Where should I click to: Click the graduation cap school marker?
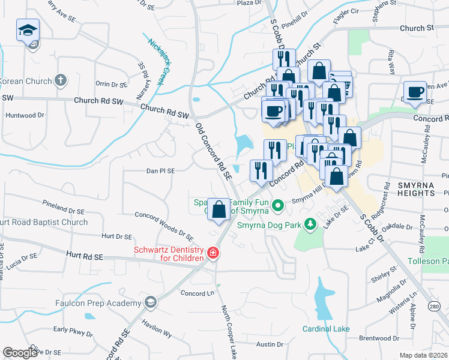[27, 31]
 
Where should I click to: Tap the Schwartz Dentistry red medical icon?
[212, 254]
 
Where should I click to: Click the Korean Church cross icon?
[60, 80]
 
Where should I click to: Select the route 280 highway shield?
[434, 307]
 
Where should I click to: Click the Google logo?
[20, 353]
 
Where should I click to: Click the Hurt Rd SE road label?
[85, 256]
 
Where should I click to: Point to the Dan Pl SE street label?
[160, 171]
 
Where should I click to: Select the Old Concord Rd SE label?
[214, 152]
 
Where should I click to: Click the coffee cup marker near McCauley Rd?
[415, 92]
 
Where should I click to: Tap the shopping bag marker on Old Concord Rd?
[219, 209]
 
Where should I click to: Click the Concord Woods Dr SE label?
[163, 225]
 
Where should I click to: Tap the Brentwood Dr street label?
[380, 338]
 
